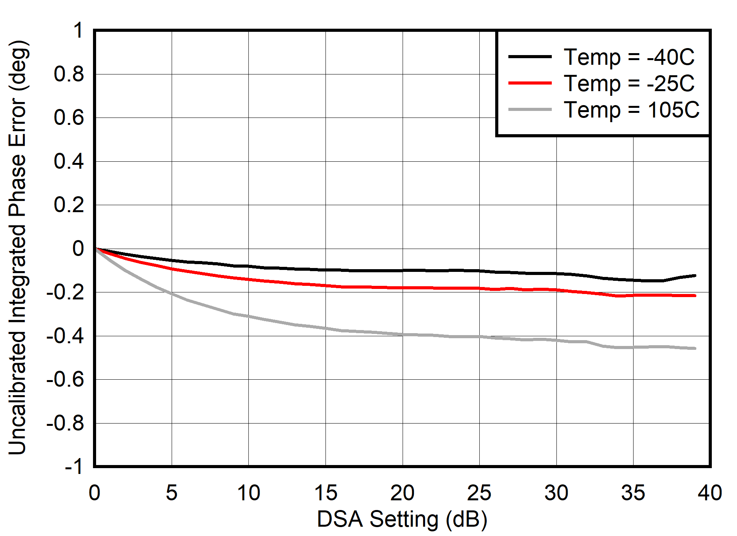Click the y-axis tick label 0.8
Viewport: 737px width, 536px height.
(69, 74)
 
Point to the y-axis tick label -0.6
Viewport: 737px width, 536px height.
(65, 379)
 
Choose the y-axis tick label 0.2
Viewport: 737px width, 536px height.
(69, 205)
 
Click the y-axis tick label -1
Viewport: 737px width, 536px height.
(74, 466)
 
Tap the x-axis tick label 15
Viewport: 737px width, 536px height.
(325, 493)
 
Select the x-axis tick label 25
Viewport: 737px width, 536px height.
(479, 493)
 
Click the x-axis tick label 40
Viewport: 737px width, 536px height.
(710, 493)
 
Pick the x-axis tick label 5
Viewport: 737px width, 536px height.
(172, 493)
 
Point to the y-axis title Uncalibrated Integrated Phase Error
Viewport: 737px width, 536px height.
(17, 247)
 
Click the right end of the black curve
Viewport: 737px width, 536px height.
(695, 276)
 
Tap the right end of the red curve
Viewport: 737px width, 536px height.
(695, 296)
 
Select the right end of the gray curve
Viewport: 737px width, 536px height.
(695, 348)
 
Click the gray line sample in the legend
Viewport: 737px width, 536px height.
(530, 110)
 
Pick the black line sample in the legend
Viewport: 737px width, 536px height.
(530, 57)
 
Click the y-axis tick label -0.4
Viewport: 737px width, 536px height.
(65, 336)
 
